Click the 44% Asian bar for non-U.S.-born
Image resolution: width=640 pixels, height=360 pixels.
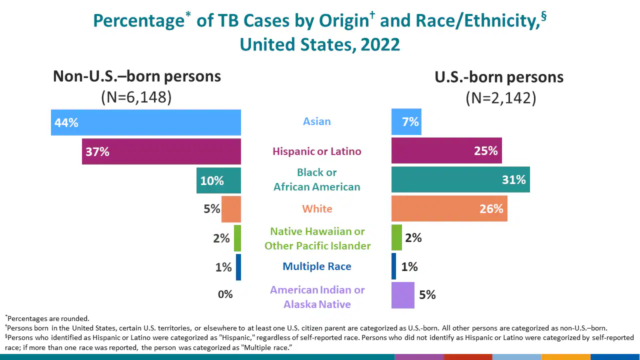pyautogui.click(x=146, y=122)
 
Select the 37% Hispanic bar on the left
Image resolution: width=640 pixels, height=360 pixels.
pyautogui.click(x=161, y=151)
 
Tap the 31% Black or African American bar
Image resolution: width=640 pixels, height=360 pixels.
pyautogui.click(x=460, y=180)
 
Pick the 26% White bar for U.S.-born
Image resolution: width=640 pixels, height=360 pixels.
pyautogui.click(x=449, y=208)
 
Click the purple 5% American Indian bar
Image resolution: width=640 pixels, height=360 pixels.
pyautogui.click(x=402, y=295)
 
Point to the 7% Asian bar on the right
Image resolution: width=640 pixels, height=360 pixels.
pyautogui.click(x=406, y=122)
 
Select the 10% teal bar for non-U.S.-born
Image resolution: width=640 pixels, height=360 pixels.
pyautogui.click(x=218, y=180)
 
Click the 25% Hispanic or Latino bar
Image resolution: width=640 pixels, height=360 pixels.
pyautogui.click(x=446, y=151)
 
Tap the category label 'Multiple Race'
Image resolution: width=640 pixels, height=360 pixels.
pyautogui.click(x=317, y=266)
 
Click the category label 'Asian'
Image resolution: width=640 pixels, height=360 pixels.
pyautogui.click(x=317, y=121)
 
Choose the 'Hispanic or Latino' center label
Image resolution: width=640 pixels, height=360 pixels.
pyautogui.click(x=317, y=151)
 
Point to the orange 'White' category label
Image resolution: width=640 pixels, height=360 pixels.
pyautogui.click(x=317, y=209)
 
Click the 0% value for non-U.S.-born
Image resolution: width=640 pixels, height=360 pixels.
pyautogui.click(x=225, y=294)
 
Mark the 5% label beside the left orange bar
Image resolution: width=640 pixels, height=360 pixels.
pyautogui.click(x=212, y=209)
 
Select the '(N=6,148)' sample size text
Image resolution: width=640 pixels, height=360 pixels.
pyautogui.click(x=136, y=97)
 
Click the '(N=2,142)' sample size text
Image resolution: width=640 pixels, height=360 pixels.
pyautogui.click(x=501, y=98)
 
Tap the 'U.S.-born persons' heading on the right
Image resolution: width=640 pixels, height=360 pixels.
pyautogui.click(x=499, y=77)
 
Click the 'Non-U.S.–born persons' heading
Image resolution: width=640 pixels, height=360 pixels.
pyautogui.click(x=137, y=76)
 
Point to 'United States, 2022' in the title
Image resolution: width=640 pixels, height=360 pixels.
pyautogui.click(x=320, y=44)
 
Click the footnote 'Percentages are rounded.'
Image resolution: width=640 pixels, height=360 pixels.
pyautogui.click(x=48, y=318)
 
